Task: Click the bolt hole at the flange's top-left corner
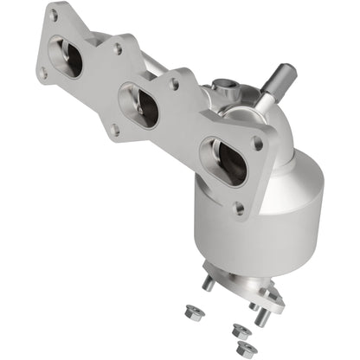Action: tap(54, 16)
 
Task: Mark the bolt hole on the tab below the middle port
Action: tap(112, 130)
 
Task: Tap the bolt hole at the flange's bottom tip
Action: tap(237, 208)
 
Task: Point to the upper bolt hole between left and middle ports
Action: tap(117, 49)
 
